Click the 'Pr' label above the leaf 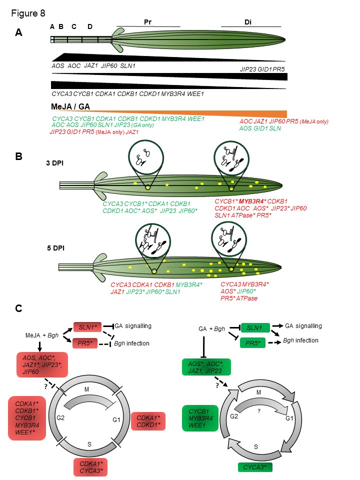pos(147,22)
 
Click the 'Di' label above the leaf pos(248,22)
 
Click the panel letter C pos(18,309)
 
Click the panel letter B pos(18,156)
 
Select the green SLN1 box pos(255,327)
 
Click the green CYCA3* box pos(255,467)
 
